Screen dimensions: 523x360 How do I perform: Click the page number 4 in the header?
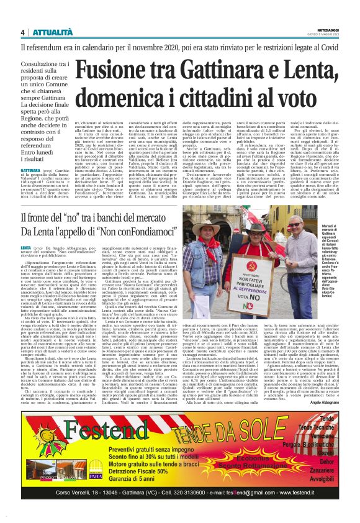click(23, 32)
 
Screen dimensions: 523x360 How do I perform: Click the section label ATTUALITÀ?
click(50, 32)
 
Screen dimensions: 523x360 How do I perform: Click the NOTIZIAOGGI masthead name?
click(326, 29)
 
